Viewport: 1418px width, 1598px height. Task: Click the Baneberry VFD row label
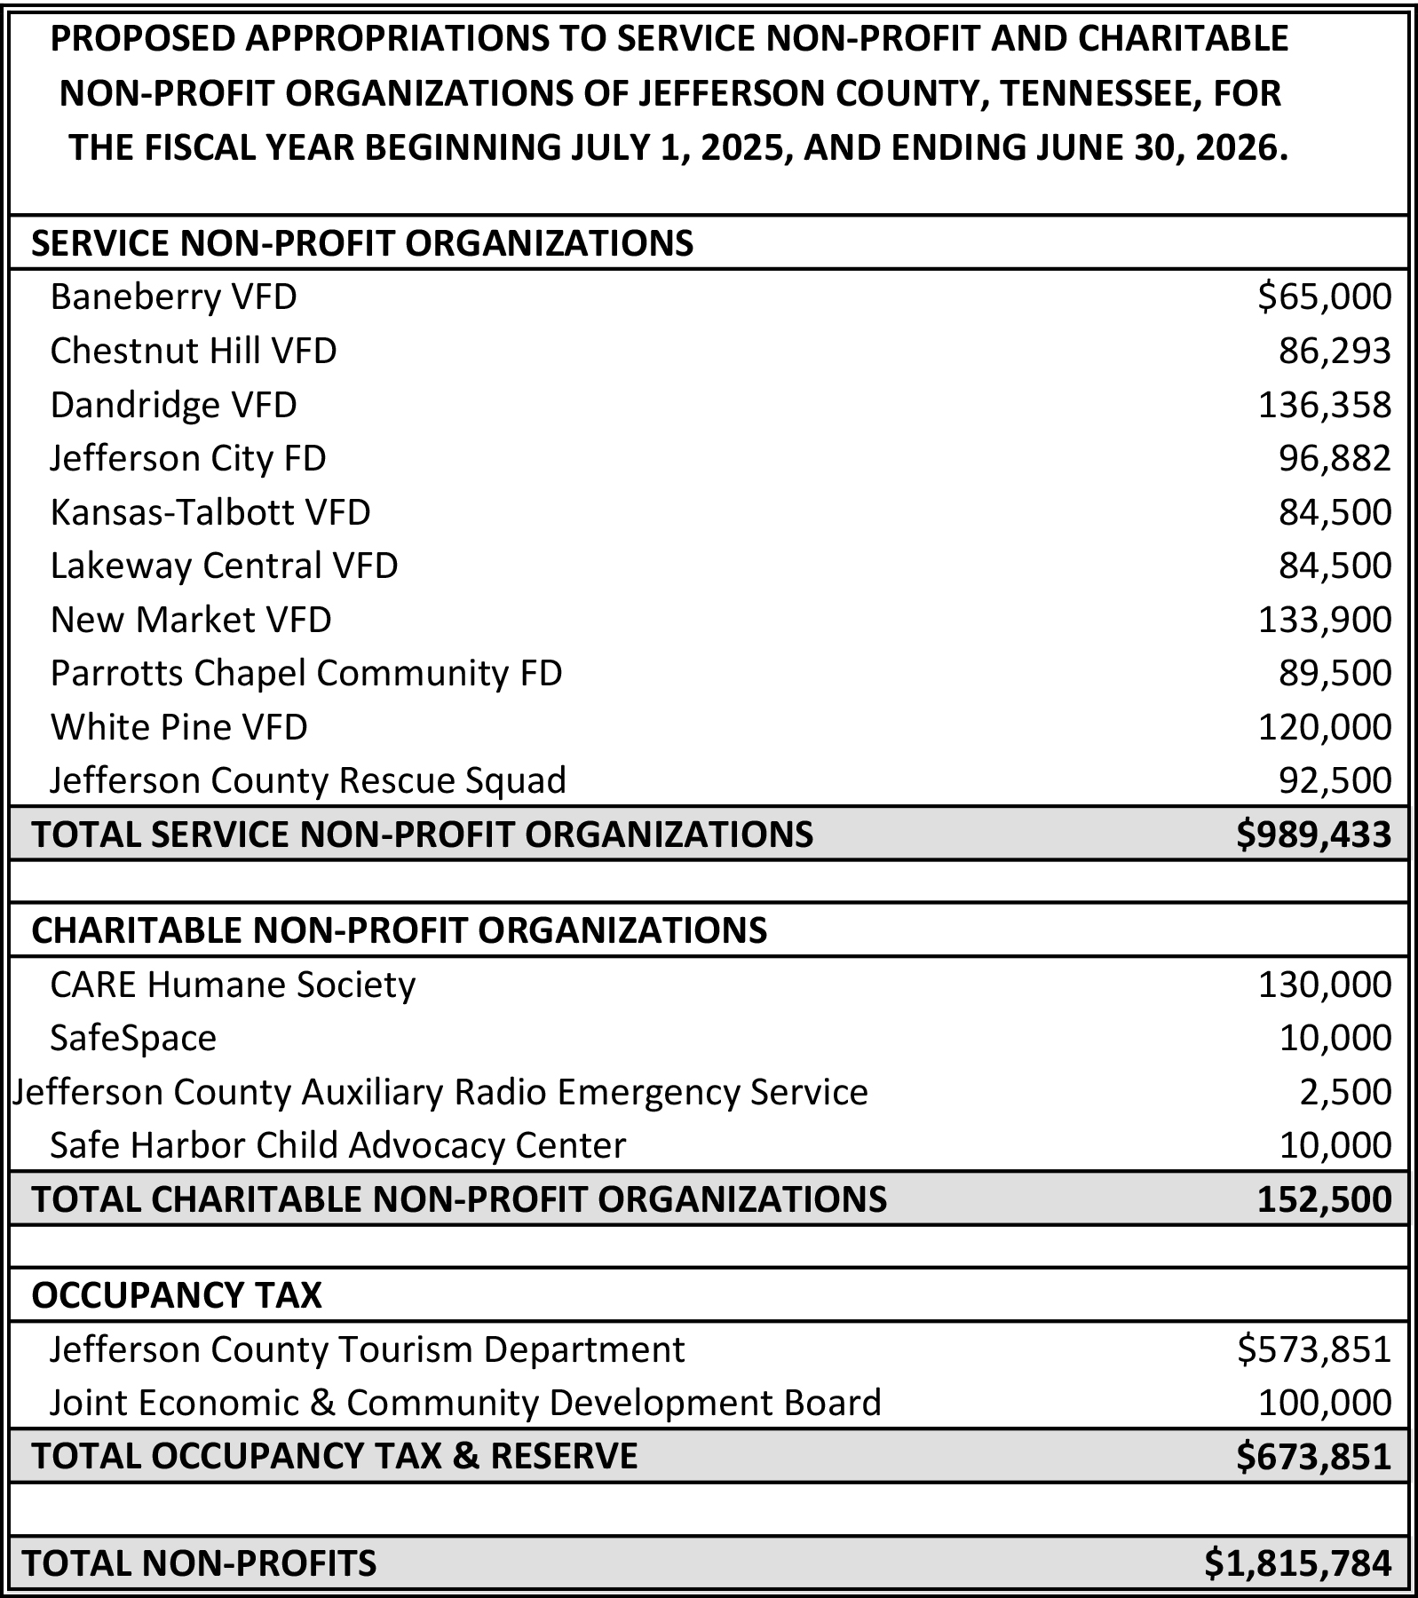click(173, 297)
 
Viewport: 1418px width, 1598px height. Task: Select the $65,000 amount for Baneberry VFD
click(1324, 297)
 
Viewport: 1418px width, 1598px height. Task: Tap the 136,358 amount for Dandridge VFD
click(1324, 405)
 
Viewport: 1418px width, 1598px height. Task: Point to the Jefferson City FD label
click(188, 458)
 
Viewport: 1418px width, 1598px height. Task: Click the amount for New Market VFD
click(1324, 620)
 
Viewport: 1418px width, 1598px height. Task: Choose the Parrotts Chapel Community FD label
click(306, 673)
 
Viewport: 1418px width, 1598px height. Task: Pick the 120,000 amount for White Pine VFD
click(1324, 727)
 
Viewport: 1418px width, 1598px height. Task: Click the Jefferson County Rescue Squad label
click(308, 780)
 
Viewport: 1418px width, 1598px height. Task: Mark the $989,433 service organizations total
click(1313, 835)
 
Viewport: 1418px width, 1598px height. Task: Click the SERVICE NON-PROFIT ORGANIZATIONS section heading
click(362, 243)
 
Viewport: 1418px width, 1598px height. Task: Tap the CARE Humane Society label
click(233, 985)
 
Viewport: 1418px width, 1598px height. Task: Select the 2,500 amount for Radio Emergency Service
click(1345, 1092)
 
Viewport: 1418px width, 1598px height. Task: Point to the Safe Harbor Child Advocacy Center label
click(337, 1145)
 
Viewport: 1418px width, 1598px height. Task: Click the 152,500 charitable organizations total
click(1324, 1199)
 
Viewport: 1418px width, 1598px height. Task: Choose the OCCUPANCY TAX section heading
click(177, 1295)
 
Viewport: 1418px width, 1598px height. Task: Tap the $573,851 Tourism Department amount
click(1313, 1349)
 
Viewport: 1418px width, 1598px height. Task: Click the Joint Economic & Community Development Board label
click(465, 1403)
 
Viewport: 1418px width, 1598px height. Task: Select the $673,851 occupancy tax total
click(1313, 1457)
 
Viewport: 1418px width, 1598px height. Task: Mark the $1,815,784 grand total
click(1297, 1563)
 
